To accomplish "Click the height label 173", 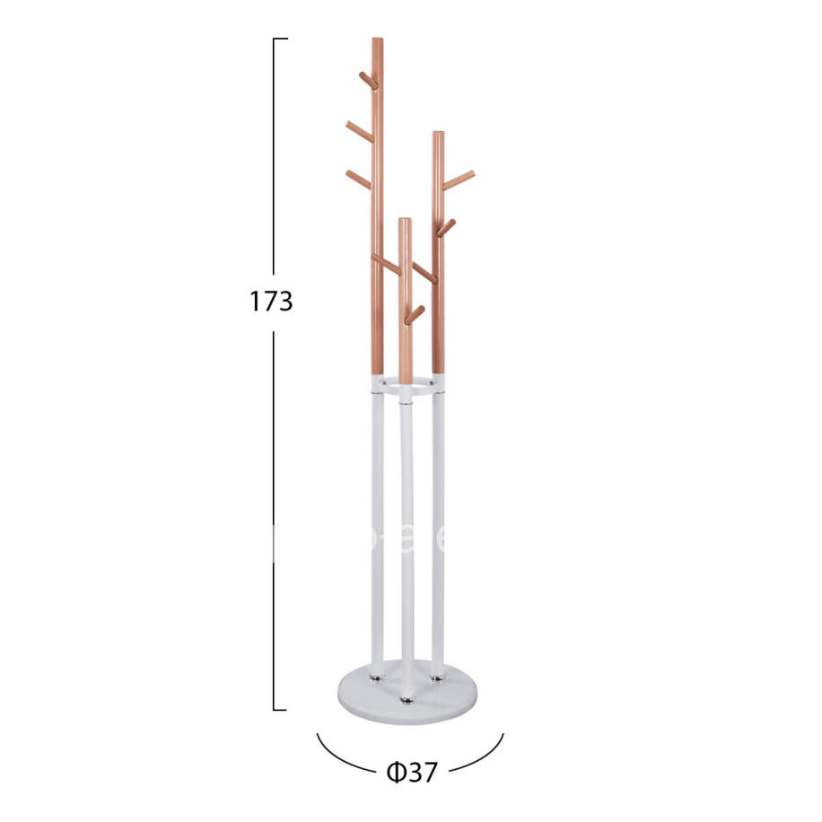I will (271, 301).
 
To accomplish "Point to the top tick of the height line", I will (280, 39).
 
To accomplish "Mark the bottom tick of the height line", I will (280, 709).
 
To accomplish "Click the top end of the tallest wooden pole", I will (377, 40).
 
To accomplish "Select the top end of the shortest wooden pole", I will (406, 221).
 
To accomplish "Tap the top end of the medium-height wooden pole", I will (438, 135).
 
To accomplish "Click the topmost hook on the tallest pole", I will (367, 79).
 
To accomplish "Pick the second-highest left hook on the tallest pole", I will (358, 132).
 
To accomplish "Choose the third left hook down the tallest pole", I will (358, 179).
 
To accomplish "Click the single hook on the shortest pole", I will (415, 314).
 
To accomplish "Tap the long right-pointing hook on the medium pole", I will (459, 179).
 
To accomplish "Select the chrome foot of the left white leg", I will (378, 671).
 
